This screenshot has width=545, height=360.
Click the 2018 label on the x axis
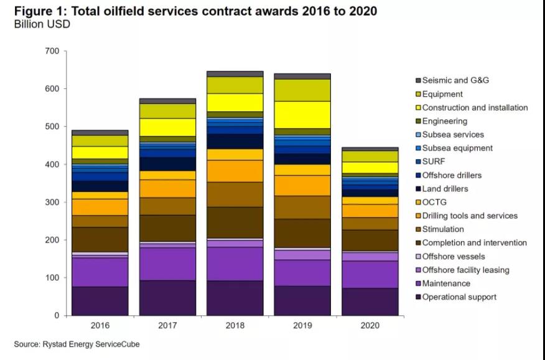pos(235,325)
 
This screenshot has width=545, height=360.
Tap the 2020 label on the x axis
pos(370,325)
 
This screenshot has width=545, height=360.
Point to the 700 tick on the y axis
pos(52,51)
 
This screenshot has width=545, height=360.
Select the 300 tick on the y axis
pos(52,203)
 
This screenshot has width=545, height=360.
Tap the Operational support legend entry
pos(459,297)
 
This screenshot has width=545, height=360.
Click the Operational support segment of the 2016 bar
pos(100,301)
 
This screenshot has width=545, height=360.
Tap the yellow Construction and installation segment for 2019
pos(302,114)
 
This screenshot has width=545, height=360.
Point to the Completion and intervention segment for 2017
pos(167,228)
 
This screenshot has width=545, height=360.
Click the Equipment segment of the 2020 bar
pos(370,156)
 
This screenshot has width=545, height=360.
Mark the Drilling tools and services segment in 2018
pos(235,171)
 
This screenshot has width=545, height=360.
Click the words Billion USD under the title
pos(42,24)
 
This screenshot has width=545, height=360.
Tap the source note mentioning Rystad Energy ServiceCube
pos(77,344)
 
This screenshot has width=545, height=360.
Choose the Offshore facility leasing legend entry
pos(465,270)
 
